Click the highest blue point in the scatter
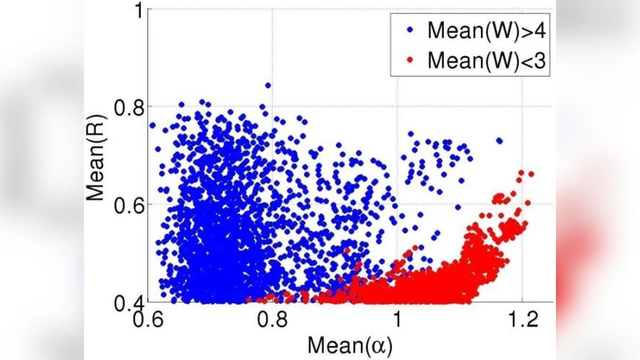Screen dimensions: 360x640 pyautogui.click(x=267, y=85)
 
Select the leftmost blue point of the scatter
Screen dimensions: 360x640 pyautogui.click(x=153, y=126)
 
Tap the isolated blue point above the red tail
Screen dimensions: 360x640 pyautogui.click(x=499, y=141)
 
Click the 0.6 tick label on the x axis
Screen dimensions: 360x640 pyautogui.click(x=146, y=319)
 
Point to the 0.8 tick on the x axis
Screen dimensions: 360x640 pyautogui.click(x=272, y=319)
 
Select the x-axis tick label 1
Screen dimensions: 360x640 pyautogui.click(x=398, y=319)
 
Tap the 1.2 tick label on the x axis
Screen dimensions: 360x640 pyautogui.click(x=522, y=319)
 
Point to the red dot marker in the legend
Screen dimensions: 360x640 pyautogui.click(x=410, y=60)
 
